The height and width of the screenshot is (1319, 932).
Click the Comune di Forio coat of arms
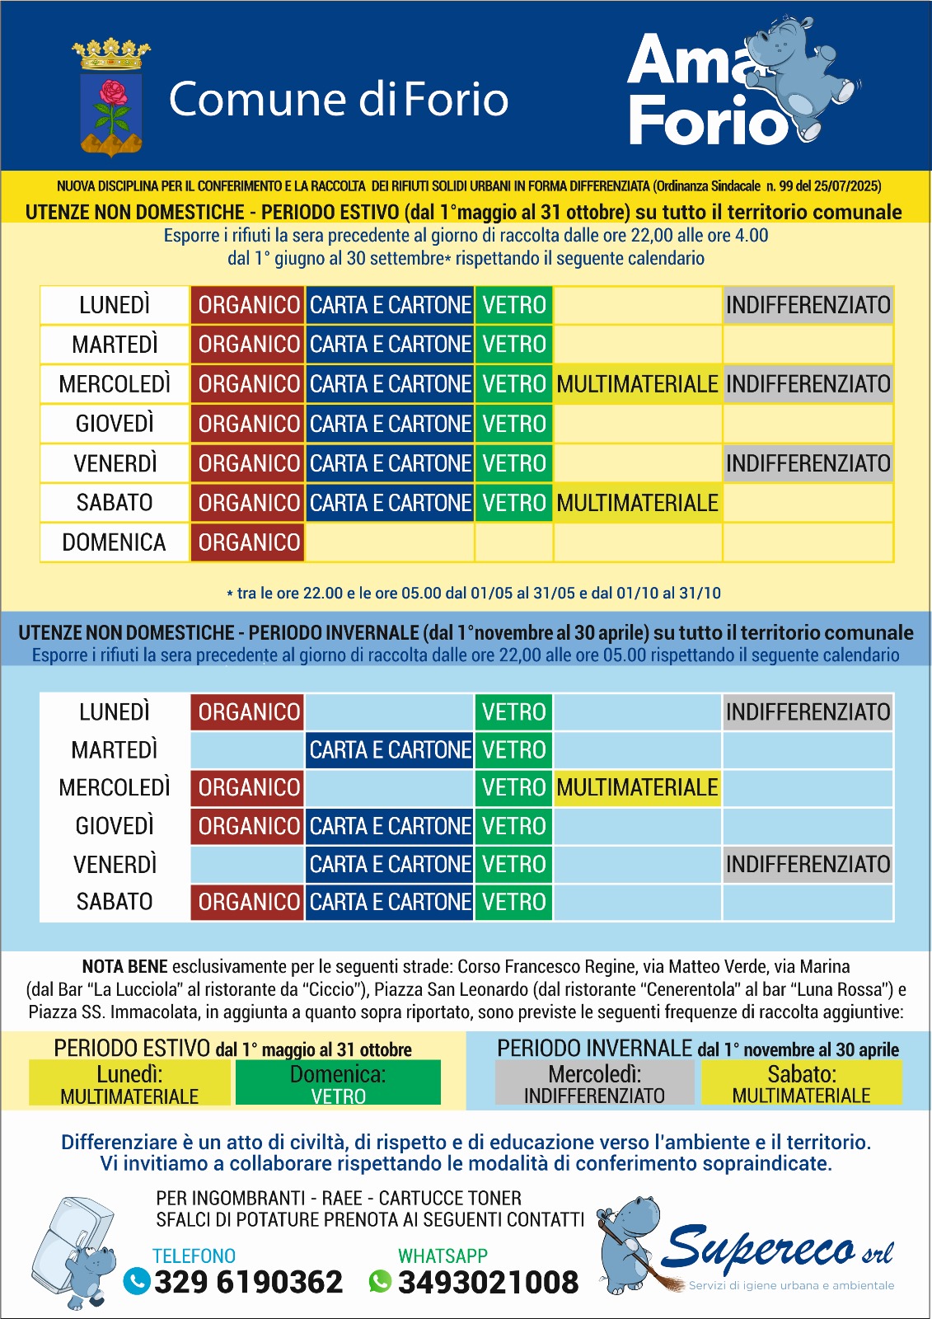111,98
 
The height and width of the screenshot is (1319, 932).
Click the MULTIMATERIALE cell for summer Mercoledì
637,384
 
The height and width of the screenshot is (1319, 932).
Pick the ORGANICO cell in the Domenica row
248,542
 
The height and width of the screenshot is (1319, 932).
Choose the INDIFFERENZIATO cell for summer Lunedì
808,305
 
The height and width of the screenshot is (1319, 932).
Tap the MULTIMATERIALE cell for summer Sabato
637,503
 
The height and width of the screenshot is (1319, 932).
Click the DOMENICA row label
115,542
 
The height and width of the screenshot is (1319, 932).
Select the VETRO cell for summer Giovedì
513,424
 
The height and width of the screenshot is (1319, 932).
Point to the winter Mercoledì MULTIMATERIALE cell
637,788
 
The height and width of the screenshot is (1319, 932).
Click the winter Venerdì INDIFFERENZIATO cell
808,864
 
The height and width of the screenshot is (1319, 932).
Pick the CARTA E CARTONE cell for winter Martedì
390,750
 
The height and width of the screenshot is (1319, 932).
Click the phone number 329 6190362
248,1282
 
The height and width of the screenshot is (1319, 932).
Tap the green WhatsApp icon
380,1281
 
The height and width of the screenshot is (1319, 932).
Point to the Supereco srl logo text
775,1249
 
